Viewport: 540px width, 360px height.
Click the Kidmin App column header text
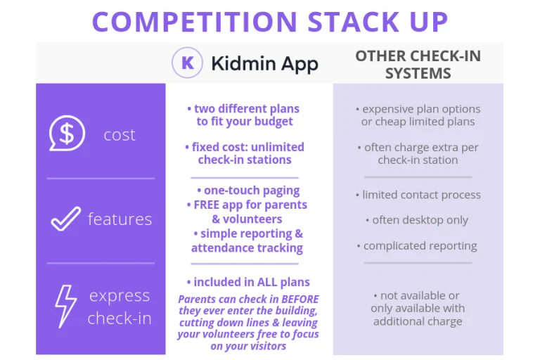coord(264,64)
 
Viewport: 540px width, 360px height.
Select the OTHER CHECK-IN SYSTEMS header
coord(418,64)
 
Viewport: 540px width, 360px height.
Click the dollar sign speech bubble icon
coord(66,134)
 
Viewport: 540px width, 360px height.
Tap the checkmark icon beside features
coord(65,219)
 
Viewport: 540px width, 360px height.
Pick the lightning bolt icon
coord(65,306)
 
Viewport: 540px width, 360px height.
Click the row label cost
coord(119,135)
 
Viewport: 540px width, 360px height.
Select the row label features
coord(120,219)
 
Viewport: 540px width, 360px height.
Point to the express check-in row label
coord(119,307)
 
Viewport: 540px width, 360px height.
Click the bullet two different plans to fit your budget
coord(244,115)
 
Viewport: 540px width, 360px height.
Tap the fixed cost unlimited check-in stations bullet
coord(245,153)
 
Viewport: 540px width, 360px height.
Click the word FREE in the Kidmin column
coord(207,205)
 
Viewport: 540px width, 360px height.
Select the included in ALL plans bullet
coord(248,282)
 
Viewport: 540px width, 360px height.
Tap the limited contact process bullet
coord(418,195)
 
